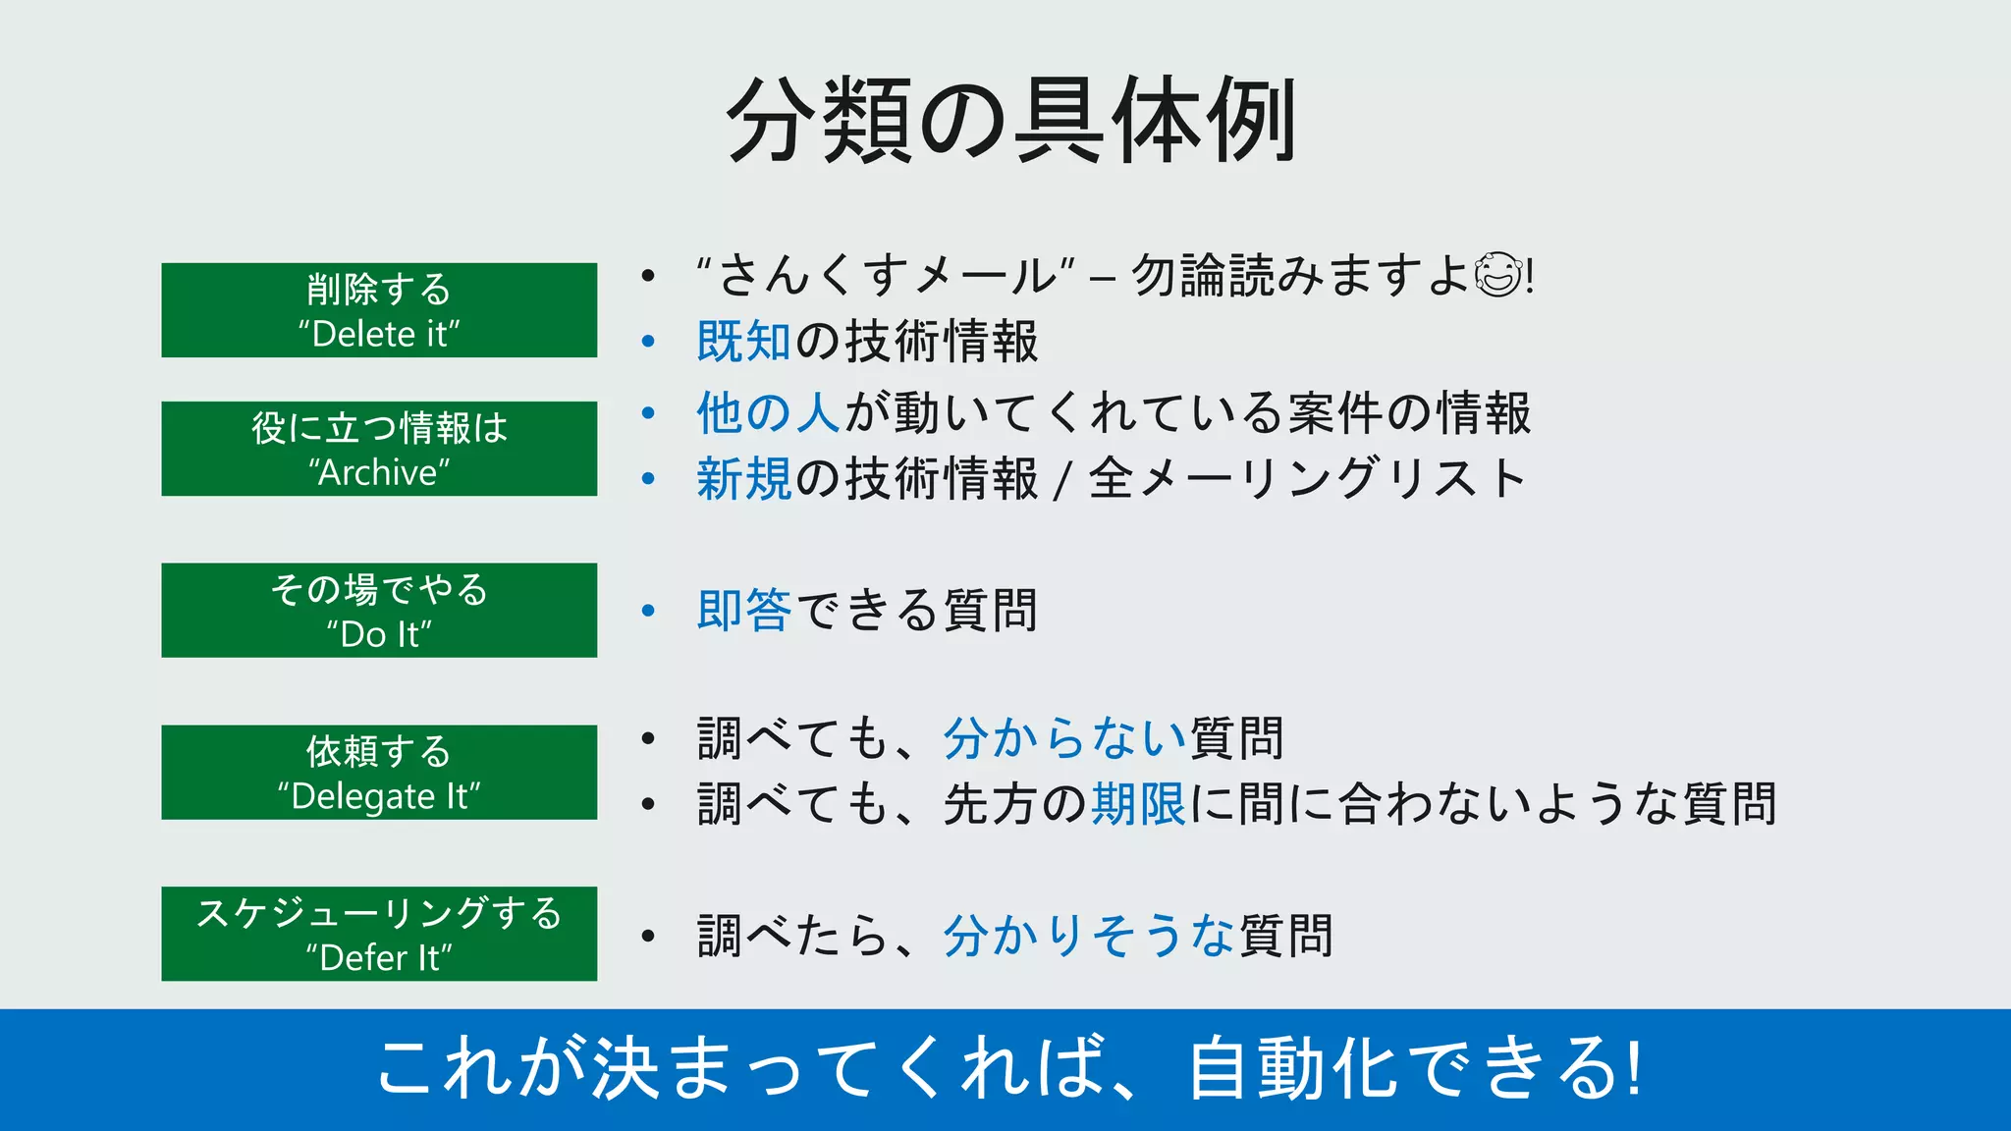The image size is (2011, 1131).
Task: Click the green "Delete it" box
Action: [379, 310]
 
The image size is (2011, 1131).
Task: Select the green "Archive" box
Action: [379, 449]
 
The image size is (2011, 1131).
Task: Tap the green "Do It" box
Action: [379, 610]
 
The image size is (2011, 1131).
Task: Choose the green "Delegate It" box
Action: [379, 772]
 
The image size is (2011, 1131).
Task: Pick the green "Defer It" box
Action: [379, 934]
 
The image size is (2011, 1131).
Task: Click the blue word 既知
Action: [743, 342]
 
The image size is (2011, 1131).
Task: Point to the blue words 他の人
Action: [768, 412]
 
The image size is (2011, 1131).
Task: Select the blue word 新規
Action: [743, 479]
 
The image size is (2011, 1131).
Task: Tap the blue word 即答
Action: [743, 610]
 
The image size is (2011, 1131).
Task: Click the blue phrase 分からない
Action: [1064, 738]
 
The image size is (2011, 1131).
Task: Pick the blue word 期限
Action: [1138, 804]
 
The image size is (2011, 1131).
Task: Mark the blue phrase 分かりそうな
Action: [1089, 936]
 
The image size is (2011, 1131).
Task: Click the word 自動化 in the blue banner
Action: [1292, 1068]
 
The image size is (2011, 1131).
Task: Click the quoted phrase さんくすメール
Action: [885, 275]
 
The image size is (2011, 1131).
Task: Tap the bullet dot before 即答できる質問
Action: [648, 611]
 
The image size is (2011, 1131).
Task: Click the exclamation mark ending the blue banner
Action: [1634, 1068]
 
